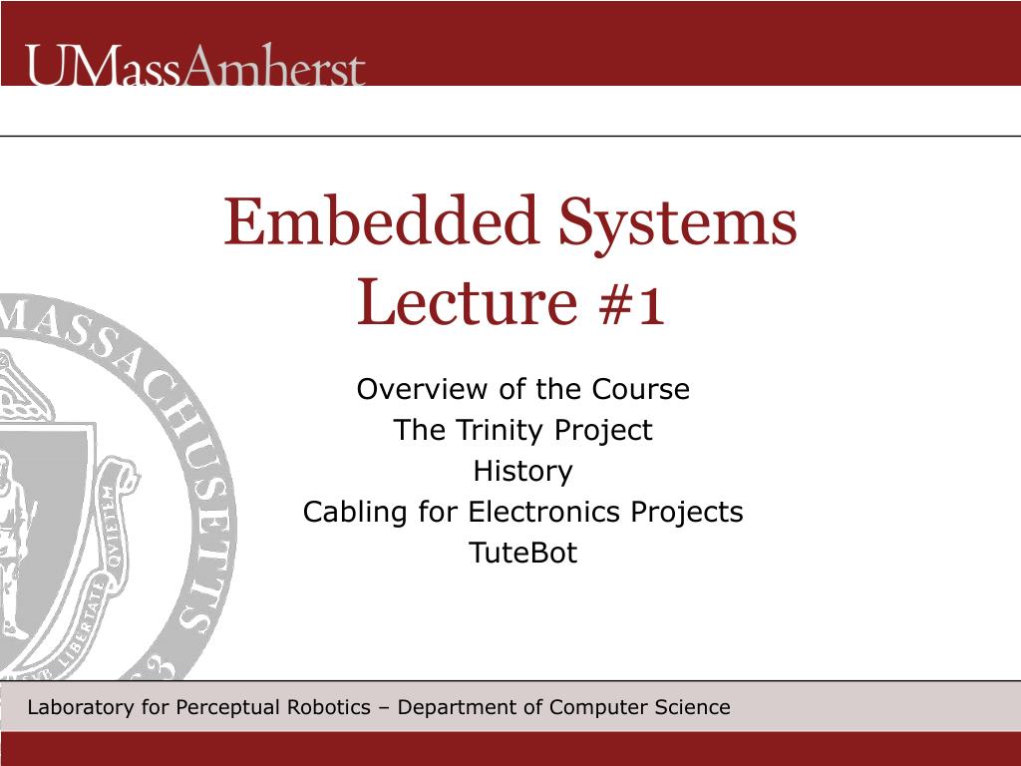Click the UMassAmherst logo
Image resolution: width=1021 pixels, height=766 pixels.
tap(195, 67)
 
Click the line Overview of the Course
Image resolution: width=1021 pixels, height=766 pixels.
tap(522, 389)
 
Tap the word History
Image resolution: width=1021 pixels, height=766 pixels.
tap(522, 471)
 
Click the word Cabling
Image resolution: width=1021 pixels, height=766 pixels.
tap(355, 512)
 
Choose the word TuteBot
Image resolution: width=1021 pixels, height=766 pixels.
tap(522, 553)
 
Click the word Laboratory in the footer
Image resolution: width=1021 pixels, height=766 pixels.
tap(80, 708)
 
